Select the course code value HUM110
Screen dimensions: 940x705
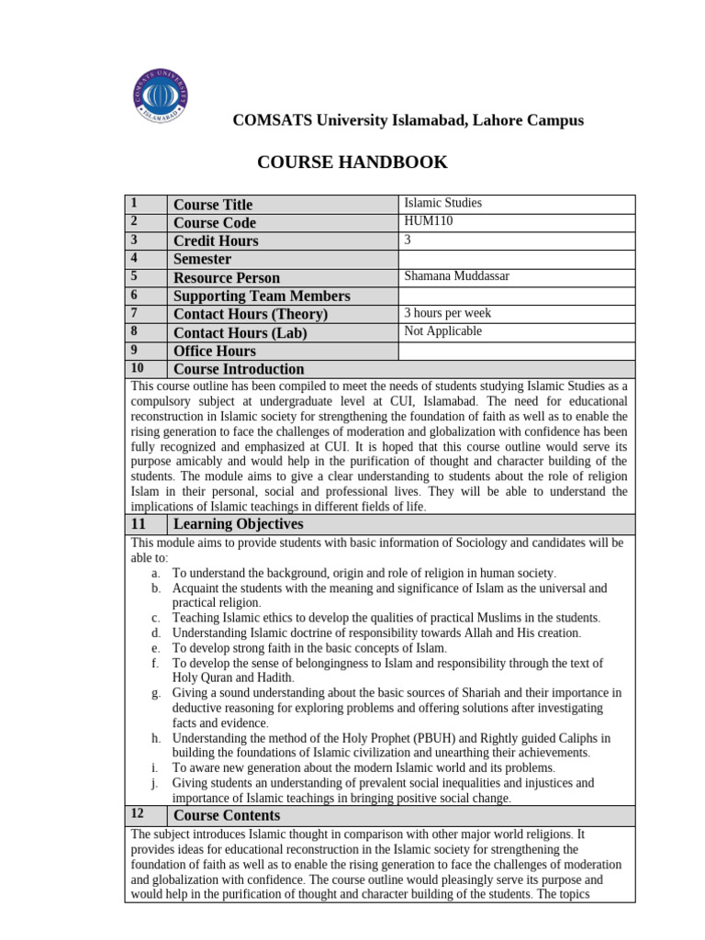tap(429, 221)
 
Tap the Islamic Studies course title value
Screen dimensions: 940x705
tap(442, 203)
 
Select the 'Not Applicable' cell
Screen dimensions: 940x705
tap(442, 331)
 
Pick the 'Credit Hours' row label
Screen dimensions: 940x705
tap(216, 241)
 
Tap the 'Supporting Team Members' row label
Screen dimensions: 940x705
tap(262, 296)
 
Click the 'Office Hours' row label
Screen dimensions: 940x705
tap(215, 351)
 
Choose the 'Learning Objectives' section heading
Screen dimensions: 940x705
tap(238, 524)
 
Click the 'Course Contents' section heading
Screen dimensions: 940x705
tap(227, 815)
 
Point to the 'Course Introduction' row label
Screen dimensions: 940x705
tap(239, 369)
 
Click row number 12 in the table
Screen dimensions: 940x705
tap(138, 814)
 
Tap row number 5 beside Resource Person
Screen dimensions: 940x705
tap(134, 276)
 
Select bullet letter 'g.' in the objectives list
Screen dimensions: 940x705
tap(156, 692)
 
